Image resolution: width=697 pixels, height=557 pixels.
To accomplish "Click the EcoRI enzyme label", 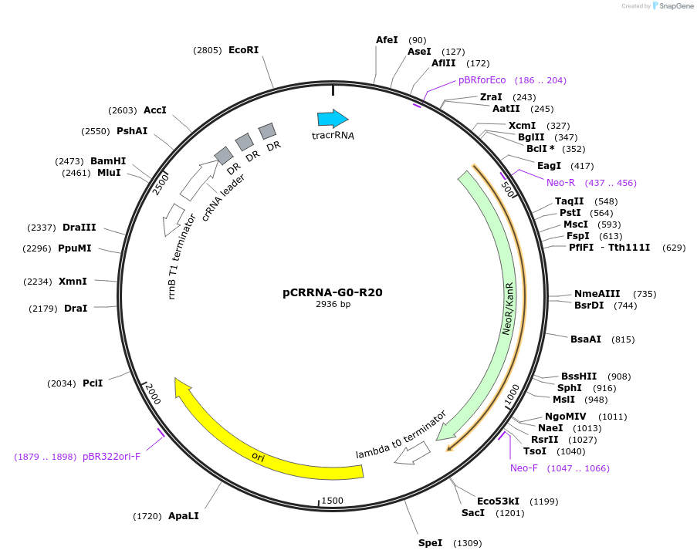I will pyautogui.click(x=243, y=50).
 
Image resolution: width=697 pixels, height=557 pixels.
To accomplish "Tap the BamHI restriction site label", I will pyautogui.click(x=108, y=160).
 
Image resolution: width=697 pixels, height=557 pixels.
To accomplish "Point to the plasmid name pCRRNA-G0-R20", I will pyautogui.click(x=333, y=292).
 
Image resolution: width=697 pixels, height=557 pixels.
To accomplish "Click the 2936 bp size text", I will pyautogui.click(x=333, y=304).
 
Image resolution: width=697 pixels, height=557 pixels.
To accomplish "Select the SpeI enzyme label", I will pyautogui.click(x=430, y=542).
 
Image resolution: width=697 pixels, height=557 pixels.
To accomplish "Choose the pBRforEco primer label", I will pyautogui.click(x=482, y=79).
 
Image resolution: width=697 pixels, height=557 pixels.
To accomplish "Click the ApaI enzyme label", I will pyautogui.click(x=184, y=515).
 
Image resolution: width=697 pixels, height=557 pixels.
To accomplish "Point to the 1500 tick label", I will pyautogui.click(x=332, y=501).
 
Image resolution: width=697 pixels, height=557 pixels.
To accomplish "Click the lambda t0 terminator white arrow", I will pyautogui.click(x=412, y=454).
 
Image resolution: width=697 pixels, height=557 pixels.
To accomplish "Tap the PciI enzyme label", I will pyautogui.click(x=93, y=383).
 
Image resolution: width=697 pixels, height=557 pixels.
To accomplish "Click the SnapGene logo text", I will pyautogui.click(x=675, y=6).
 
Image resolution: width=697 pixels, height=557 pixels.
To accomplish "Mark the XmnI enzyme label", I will pyautogui.click(x=73, y=282).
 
